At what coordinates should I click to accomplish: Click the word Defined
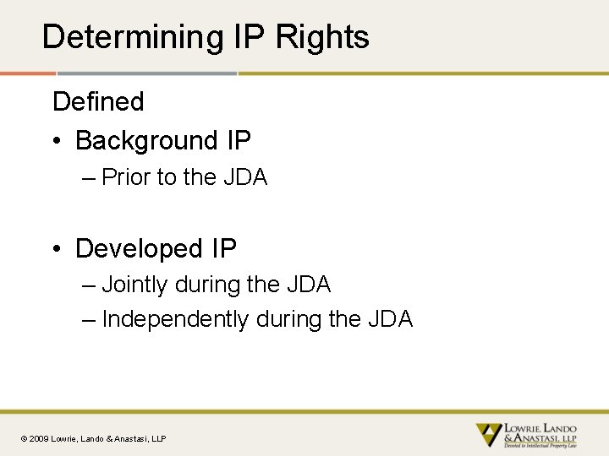pos(98,101)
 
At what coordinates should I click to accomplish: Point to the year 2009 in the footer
pos(39,438)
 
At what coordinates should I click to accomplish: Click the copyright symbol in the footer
pos(24,438)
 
